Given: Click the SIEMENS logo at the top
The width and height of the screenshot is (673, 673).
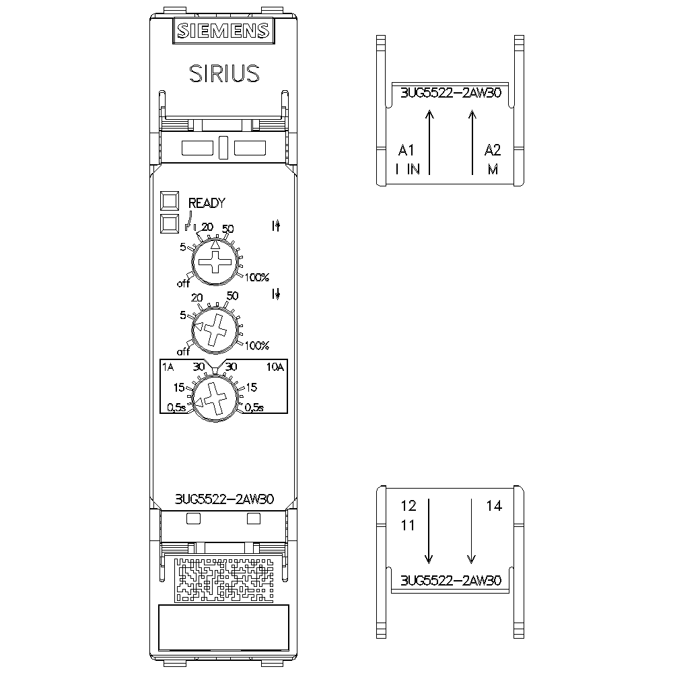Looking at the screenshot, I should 223,30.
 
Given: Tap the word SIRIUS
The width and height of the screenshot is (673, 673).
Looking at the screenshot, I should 223,73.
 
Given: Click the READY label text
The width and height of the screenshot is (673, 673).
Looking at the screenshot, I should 207,203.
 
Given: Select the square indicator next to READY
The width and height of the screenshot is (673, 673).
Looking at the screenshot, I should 170,201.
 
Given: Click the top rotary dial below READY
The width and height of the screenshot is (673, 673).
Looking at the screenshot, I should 215,262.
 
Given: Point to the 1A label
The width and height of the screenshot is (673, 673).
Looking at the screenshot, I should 168,367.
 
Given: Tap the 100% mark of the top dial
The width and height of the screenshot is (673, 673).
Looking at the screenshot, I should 258,277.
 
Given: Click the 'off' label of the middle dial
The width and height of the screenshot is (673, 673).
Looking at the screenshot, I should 184,351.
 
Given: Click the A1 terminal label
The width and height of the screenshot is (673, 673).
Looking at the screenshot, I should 407,149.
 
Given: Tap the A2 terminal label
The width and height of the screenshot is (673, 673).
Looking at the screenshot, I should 493,149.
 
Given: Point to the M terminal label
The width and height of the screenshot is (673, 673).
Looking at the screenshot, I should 493,170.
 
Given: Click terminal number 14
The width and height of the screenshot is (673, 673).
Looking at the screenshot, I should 494,506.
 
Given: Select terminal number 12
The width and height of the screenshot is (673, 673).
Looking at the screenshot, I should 409,506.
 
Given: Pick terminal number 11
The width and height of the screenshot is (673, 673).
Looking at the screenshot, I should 408,526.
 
